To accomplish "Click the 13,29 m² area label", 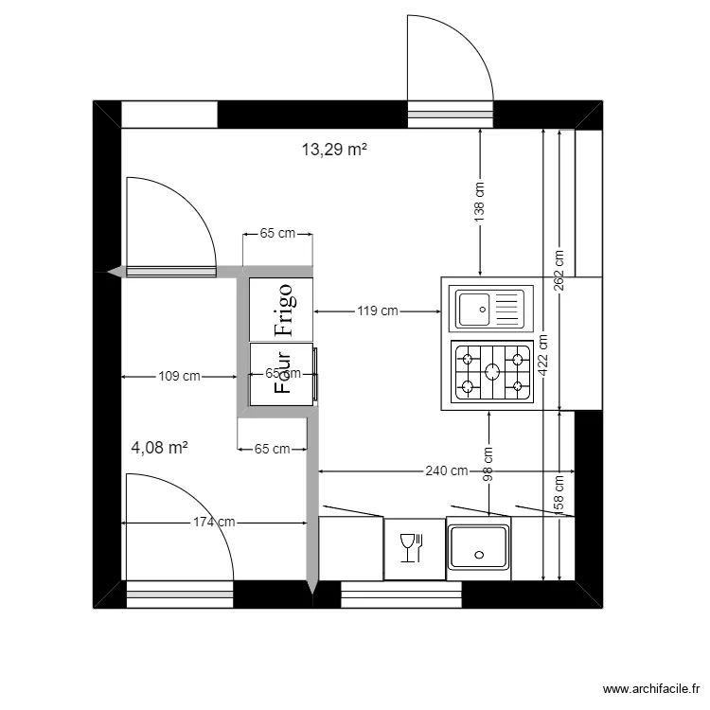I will click(334, 149).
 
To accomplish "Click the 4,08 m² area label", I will click(159, 448).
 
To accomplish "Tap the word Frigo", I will click(284, 309).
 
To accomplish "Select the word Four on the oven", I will click(282, 375).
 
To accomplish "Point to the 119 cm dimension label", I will click(377, 311).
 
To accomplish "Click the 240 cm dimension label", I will click(446, 470).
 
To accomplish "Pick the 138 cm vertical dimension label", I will click(480, 202).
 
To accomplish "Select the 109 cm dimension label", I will click(179, 376).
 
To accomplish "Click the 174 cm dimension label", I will click(214, 522).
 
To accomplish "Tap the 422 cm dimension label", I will click(542, 352).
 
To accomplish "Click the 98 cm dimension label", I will click(488, 465).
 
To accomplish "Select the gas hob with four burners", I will click(491, 372).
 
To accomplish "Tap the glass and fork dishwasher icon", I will click(413, 548).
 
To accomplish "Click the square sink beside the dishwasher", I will click(479, 548).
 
